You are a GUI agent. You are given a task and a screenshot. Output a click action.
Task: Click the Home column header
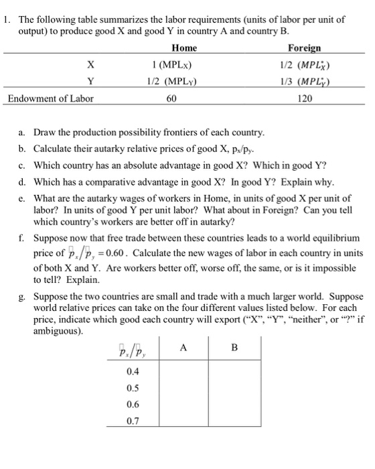point(183,48)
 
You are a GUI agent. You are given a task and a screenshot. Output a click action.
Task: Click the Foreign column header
point(304,48)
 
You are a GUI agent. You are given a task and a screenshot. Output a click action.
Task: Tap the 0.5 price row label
point(133,387)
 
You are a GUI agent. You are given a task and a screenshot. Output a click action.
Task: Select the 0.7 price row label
point(133,421)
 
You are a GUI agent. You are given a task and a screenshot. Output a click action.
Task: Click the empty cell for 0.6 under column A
point(184,404)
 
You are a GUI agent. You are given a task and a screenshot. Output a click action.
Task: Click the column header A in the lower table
point(184,348)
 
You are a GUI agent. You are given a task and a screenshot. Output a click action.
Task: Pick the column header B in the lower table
point(234,348)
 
